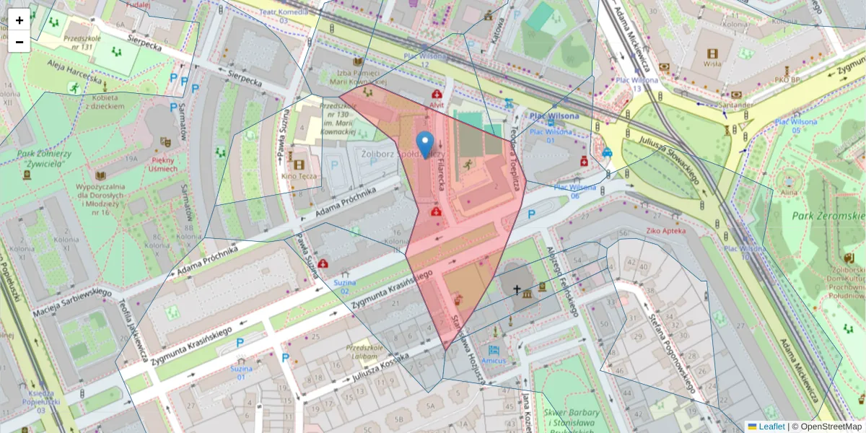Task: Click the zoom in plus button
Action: [19, 20]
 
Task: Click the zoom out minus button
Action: [19, 42]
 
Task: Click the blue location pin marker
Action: [426, 142]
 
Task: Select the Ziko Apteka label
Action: [665, 230]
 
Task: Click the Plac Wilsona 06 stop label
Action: [567, 191]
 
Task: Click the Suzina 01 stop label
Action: [241, 372]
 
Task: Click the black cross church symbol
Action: [516, 290]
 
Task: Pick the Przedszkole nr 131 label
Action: [79, 42]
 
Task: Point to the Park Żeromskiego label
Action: [837, 215]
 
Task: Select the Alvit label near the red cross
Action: [437, 105]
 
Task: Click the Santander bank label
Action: [736, 105]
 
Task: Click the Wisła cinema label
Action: [713, 64]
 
